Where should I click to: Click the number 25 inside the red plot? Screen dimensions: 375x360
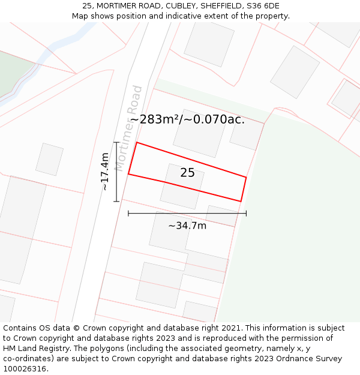pos(187,173)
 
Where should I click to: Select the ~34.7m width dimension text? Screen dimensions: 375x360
pos(187,226)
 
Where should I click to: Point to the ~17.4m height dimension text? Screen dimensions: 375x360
pos(105,172)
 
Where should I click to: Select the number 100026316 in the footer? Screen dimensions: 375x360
pos(24,369)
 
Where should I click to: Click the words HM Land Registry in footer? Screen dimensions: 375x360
pos(36,349)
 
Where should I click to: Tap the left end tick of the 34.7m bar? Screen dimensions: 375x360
pos(128,213)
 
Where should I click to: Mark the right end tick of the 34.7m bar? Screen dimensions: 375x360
pos(246,213)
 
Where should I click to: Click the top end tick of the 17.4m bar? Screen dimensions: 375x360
pos(117,142)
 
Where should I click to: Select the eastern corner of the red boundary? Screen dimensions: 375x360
pos(246,177)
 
